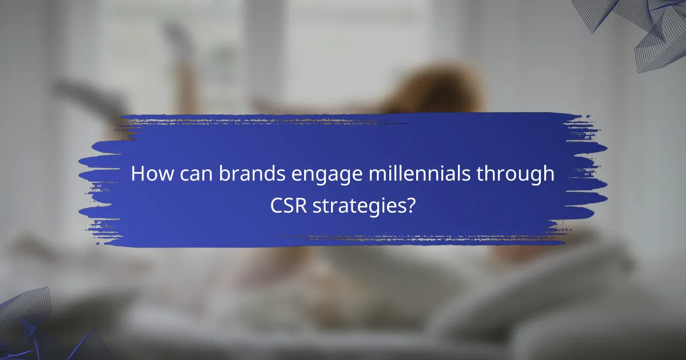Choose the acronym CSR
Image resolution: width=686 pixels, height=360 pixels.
point(289,205)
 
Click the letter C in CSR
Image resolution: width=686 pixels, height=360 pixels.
point(276,205)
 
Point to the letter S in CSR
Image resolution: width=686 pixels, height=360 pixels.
point(289,205)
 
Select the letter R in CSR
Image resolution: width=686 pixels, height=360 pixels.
point(301,205)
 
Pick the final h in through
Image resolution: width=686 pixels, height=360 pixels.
point(549,174)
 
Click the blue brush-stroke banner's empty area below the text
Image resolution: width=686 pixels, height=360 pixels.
point(343,231)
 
